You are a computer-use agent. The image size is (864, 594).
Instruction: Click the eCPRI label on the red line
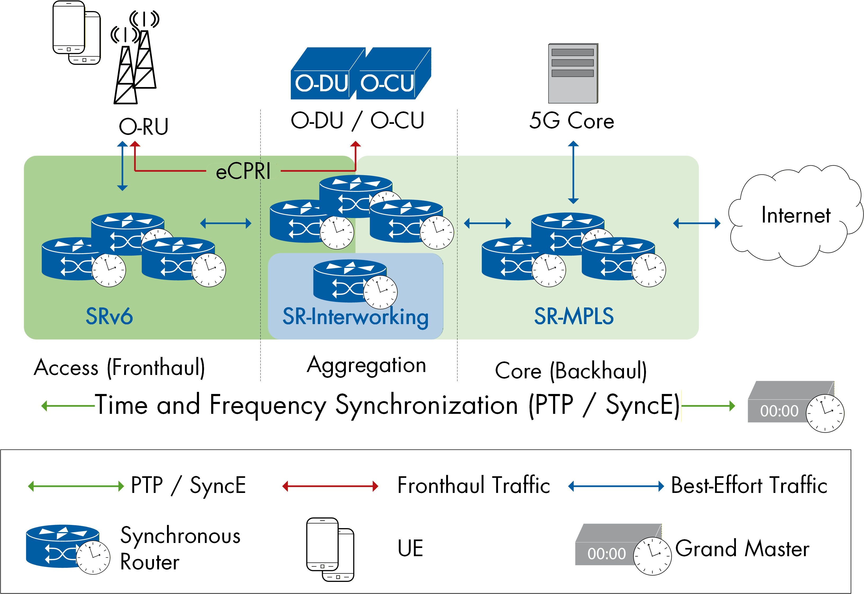pos(243,171)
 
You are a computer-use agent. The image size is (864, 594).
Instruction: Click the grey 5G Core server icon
pos(573,73)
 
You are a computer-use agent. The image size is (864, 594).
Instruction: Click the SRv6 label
pos(109,316)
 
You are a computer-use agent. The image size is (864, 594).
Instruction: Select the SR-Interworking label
pos(355,317)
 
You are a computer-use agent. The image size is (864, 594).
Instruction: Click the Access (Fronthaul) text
pos(119,368)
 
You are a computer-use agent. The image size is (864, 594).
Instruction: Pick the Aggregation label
pos(366,365)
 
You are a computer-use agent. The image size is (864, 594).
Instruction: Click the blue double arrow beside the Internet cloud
pos(696,223)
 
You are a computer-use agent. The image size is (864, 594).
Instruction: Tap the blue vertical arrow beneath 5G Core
pos(573,172)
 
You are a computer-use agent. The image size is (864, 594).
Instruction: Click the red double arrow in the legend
pos(330,486)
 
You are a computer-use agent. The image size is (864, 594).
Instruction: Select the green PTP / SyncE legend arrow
pos(76,486)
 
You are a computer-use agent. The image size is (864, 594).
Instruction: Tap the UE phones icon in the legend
pos(330,549)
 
